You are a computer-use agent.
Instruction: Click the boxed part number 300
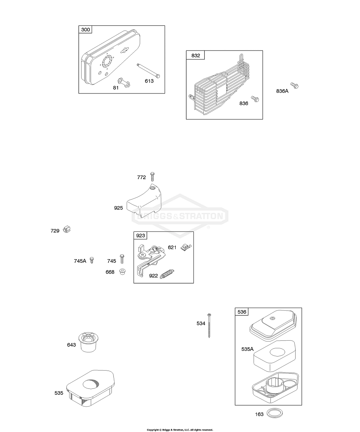(85, 30)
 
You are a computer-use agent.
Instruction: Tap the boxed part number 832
(196, 55)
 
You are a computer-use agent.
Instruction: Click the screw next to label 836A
(294, 85)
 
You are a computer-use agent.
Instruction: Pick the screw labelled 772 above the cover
(152, 176)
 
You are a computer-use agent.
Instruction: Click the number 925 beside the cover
(118, 208)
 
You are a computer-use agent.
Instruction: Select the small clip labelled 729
(66, 230)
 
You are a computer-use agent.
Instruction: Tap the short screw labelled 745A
(92, 260)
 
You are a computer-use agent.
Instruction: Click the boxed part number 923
(140, 235)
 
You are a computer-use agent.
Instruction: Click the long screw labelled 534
(209, 325)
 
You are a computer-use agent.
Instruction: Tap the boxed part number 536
(242, 312)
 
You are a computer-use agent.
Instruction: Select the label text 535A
(247, 349)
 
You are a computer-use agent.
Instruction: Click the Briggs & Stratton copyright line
(179, 430)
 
